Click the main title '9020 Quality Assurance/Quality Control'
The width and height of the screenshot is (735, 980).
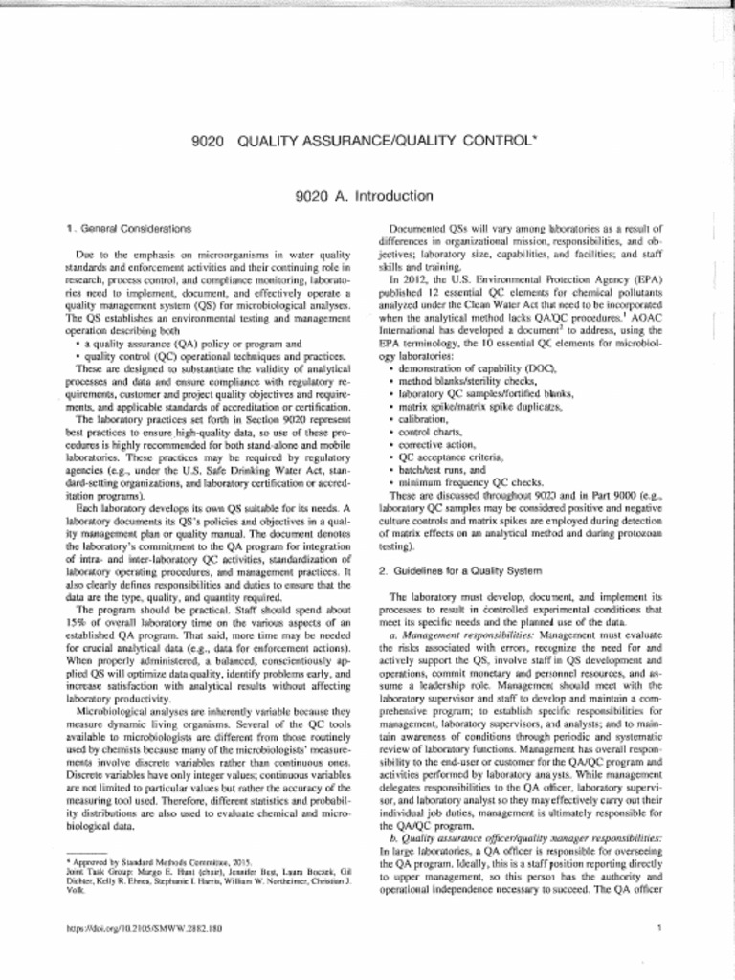click(x=367, y=141)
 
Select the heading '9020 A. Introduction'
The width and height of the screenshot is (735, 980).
click(x=367, y=197)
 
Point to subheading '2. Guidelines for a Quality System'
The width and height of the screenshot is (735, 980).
click(x=459, y=570)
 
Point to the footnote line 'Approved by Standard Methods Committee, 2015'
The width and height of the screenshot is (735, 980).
click(x=162, y=862)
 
